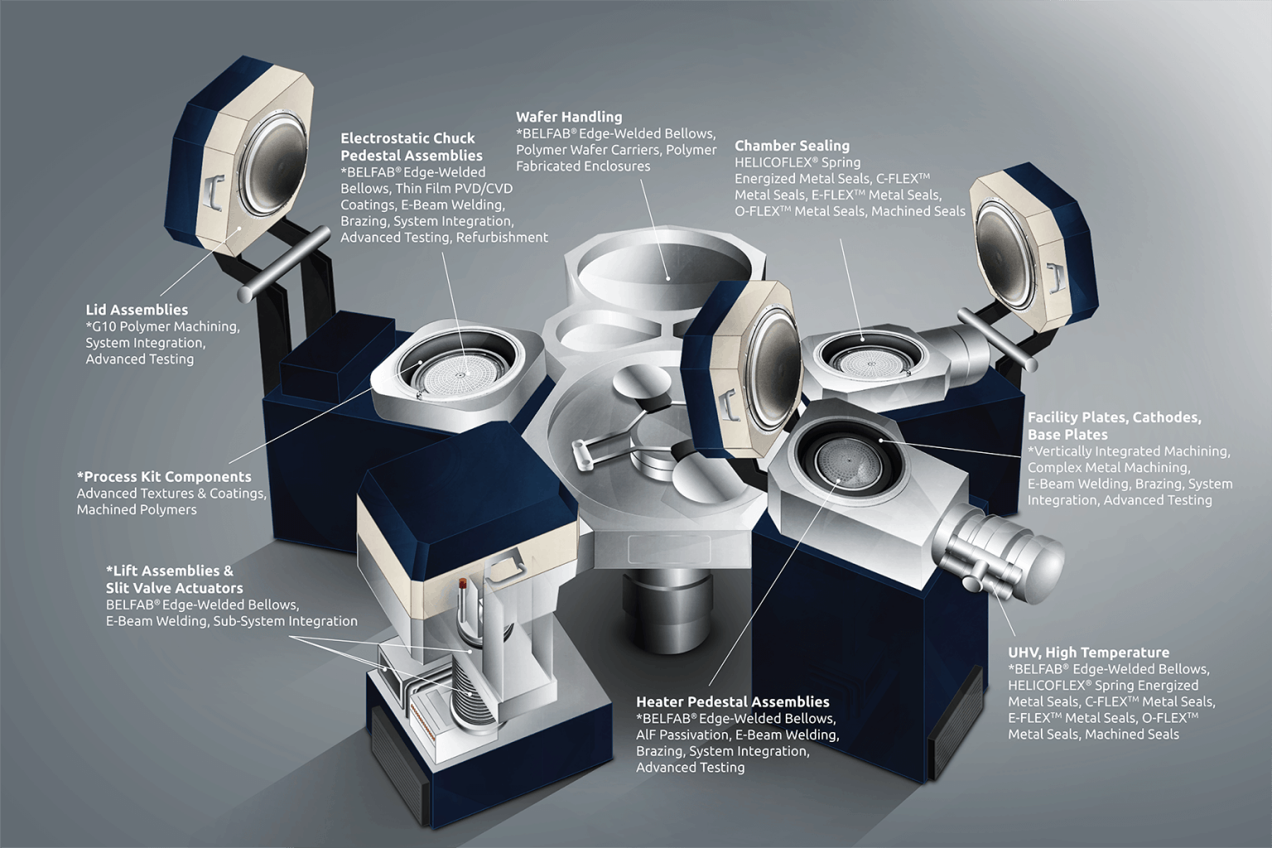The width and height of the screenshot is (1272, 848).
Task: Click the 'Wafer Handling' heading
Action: [x=568, y=117]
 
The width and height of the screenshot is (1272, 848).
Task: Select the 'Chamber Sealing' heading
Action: [x=792, y=146]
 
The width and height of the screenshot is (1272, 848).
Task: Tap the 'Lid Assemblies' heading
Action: [x=137, y=310]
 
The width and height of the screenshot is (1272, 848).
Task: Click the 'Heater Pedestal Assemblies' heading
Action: [x=732, y=702]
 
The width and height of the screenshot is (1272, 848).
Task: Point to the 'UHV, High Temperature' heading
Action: [x=1088, y=653]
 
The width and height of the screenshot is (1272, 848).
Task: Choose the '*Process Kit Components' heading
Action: [x=164, y=477]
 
